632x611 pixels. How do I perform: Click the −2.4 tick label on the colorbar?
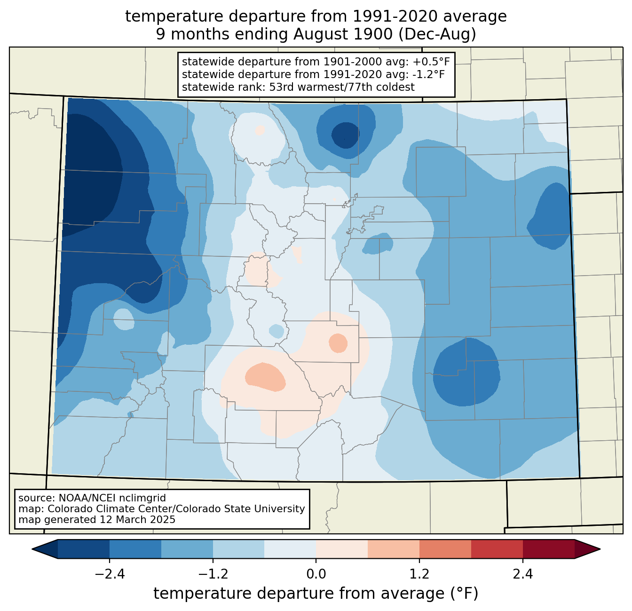point(110,574)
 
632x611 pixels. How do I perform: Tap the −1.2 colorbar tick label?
point(213,574)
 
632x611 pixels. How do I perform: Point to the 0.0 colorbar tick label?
point(316,574)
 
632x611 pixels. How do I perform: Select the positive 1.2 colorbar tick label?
point(419,574)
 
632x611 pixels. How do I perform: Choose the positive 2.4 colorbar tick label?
point(523,574)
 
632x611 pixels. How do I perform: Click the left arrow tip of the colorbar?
point(32,549)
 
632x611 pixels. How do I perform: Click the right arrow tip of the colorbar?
point(600,549)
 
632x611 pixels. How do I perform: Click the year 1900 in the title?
point(373,34)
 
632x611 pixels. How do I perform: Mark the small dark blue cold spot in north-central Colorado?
point(345,135)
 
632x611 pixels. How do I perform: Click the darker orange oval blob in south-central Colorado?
point(265,377)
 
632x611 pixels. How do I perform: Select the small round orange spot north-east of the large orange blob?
point(338,343)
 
